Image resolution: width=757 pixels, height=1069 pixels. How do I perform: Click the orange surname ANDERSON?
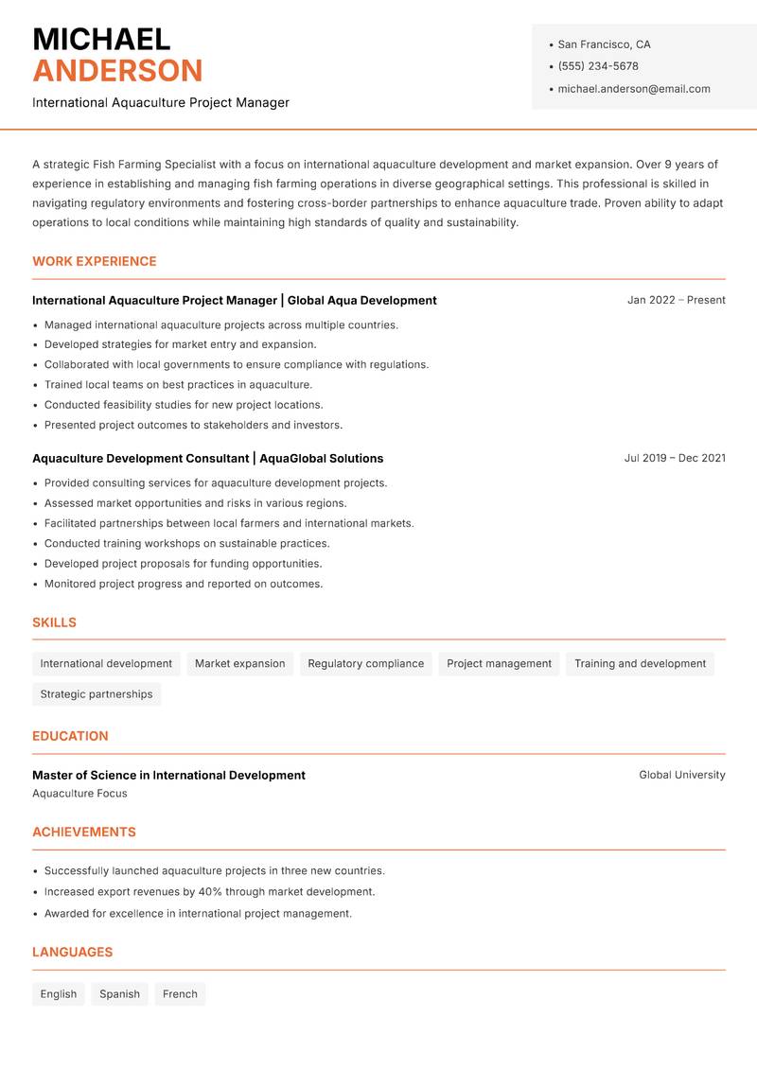[x=117, y=71]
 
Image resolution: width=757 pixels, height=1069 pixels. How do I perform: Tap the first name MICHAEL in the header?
[x=101, y=39]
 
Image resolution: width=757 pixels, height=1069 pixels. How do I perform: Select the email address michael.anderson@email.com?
[x=633, y=89]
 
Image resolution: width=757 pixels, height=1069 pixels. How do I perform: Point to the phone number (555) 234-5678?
[x=597, y=66]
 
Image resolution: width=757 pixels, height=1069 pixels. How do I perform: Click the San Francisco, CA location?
[x=604, y=44]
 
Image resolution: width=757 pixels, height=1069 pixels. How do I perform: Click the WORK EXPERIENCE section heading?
[x=95, y=261]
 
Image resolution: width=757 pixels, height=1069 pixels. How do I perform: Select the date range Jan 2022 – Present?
[x=676, y=300]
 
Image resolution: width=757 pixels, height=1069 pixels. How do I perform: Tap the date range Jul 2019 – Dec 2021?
[x=675, y=458]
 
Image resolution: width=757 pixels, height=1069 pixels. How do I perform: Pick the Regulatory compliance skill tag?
[x=365, y=664]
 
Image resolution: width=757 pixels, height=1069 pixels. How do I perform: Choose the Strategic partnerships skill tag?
[x=97, y=694]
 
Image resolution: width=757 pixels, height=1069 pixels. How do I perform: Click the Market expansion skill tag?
[x=239, y=664]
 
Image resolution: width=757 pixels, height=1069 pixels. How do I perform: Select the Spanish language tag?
[x=119, y=994]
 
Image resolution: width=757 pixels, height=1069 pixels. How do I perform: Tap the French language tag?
[x=180, y=994]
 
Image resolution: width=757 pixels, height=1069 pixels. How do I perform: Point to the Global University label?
[x=681, y=775]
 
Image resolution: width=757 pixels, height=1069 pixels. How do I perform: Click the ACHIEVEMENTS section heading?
[x=84, y=832]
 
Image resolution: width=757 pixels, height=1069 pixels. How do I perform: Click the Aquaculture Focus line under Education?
[x=79, y=794]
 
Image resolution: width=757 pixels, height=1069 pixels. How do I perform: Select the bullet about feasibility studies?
[x=184, y=405]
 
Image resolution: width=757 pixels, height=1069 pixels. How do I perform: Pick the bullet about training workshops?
[x=186, y=544]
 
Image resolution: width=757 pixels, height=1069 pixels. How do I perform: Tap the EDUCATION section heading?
[x=70, y=736]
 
